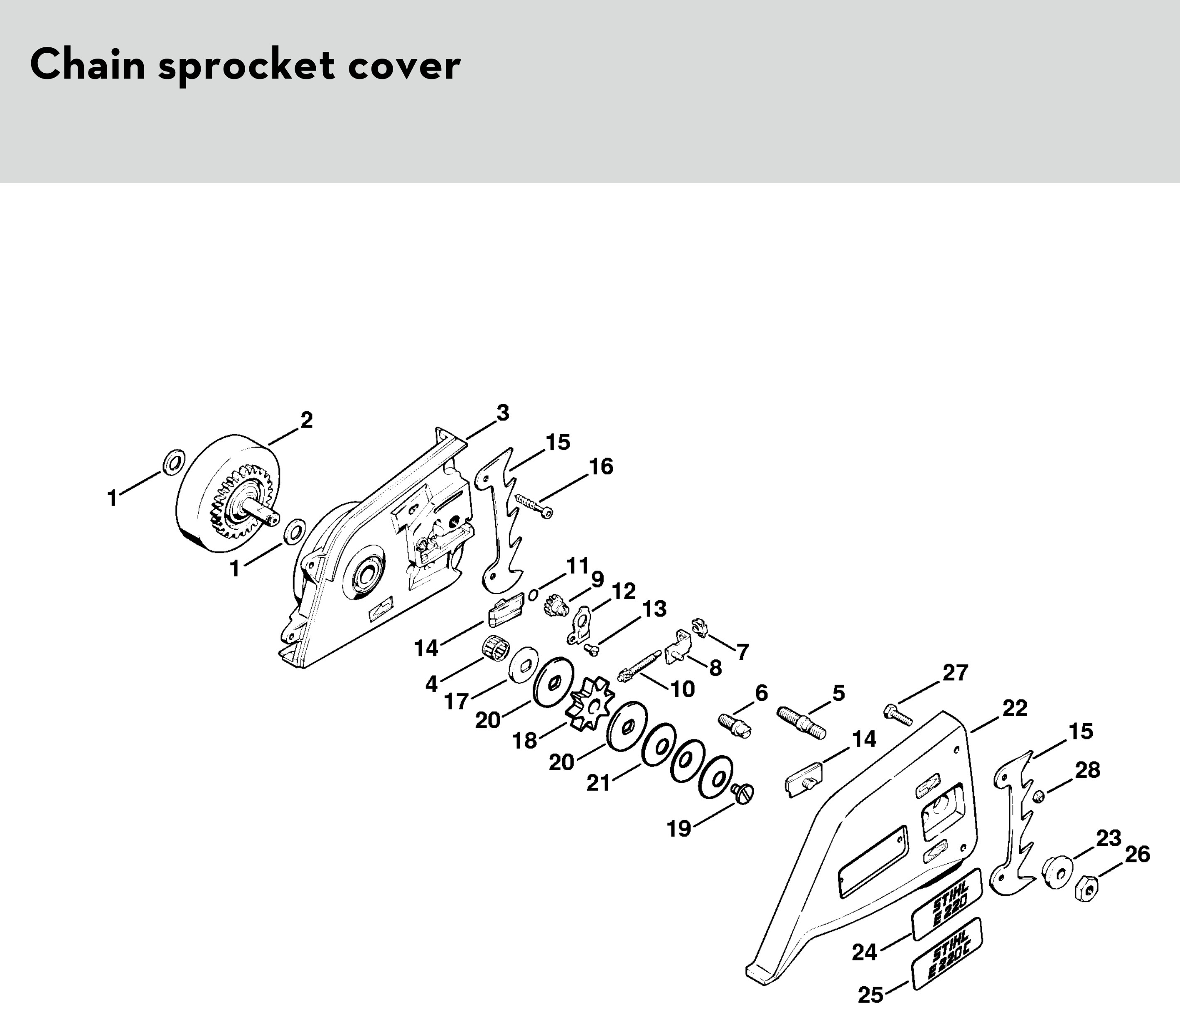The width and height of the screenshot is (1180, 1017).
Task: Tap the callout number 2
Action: [x=306, y=420]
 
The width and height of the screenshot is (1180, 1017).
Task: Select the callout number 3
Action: [x=502, y=413]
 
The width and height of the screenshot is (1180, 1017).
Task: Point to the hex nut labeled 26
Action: [x=1086, y=888]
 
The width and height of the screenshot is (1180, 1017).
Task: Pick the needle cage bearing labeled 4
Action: [x=495, y=647]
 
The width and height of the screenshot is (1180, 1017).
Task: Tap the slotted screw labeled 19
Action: [x=742, y=793]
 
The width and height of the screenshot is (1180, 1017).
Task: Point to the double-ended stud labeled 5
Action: [x=801, y=722]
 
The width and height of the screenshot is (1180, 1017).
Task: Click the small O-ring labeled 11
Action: [x=533, y=594]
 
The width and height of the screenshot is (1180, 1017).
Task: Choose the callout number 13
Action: [x=654, y=609]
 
